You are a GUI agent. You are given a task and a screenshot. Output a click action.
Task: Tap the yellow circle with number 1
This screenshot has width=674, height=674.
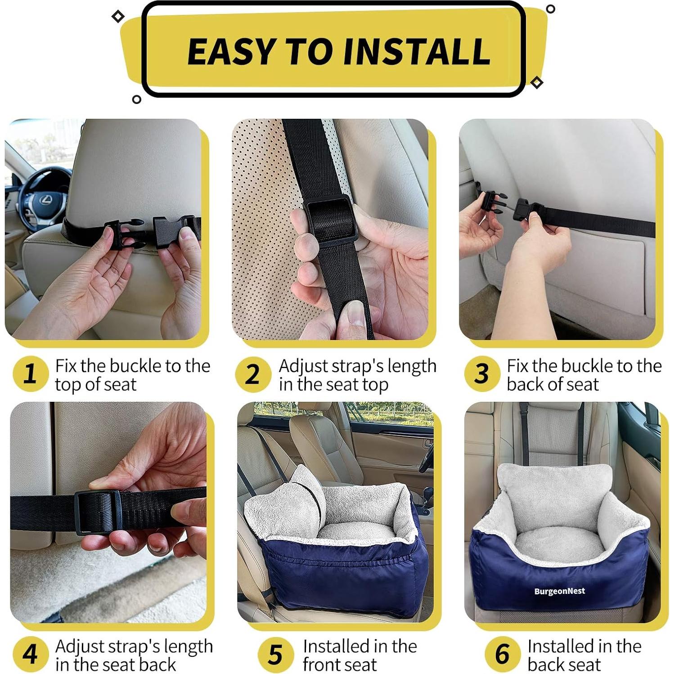30,373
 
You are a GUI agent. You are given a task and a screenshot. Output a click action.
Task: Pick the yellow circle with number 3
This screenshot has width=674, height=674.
481,373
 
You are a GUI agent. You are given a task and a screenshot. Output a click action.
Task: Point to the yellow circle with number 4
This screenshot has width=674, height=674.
30,654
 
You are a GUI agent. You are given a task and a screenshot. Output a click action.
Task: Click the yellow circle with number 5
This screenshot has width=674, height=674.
275,654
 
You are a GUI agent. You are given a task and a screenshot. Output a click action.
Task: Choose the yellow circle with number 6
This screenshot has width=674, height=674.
502,654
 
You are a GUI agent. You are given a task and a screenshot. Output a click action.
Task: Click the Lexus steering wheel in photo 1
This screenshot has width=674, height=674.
43,198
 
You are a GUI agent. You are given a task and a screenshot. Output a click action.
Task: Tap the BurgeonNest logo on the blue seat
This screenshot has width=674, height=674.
559,591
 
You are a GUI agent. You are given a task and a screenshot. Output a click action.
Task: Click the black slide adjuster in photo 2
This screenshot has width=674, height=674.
332,220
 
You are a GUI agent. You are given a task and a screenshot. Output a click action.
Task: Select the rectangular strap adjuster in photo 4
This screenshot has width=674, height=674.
97,512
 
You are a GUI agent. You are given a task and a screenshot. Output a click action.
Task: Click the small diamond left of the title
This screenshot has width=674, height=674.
118,17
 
